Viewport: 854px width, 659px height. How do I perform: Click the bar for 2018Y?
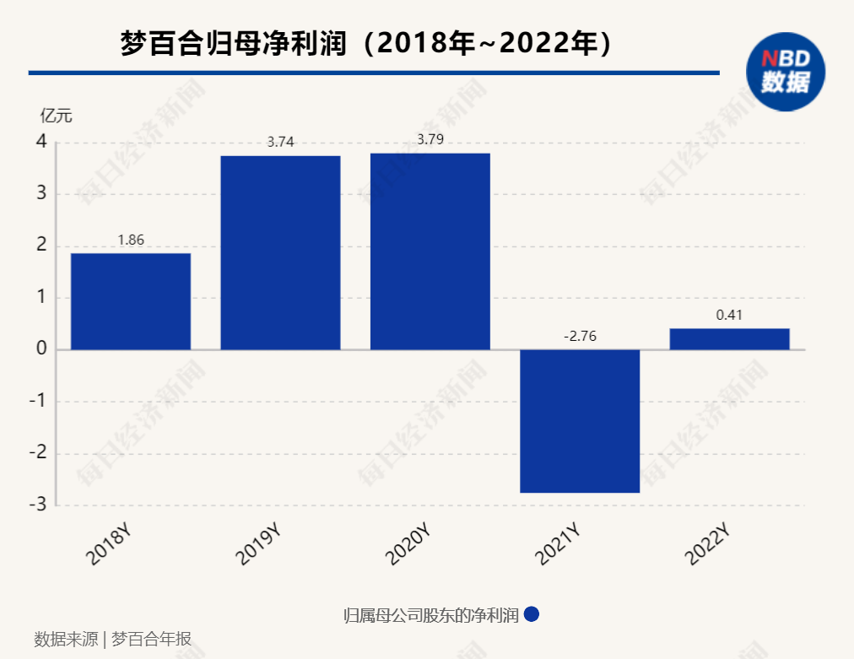coord(131,301)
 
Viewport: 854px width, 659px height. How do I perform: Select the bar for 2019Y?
coord(280,252)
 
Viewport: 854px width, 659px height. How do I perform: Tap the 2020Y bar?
coord(430,251)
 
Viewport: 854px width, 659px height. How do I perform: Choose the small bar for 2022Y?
coord(729,338)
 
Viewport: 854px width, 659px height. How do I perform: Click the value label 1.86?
coord(131,240)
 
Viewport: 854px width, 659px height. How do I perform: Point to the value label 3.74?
coord(280,143)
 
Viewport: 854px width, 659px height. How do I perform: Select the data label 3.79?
coord(430,139)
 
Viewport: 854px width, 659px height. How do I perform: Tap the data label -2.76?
coord(580,337)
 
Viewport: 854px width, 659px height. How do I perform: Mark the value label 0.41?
coord(729,316)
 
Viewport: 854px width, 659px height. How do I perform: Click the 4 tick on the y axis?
coord(41,142)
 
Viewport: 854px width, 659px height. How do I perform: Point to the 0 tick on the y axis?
coord(41,349)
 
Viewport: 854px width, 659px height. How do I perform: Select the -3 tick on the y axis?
coord(38,505)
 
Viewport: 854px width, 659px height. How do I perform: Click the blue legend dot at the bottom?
coord(532,614)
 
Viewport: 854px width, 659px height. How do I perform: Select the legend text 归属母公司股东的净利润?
coord(431,615)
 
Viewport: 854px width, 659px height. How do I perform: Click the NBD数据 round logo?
coord(785,73)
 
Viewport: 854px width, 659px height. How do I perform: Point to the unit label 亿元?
coord(57,116)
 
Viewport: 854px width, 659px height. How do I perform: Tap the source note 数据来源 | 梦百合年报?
coord(113,639)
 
